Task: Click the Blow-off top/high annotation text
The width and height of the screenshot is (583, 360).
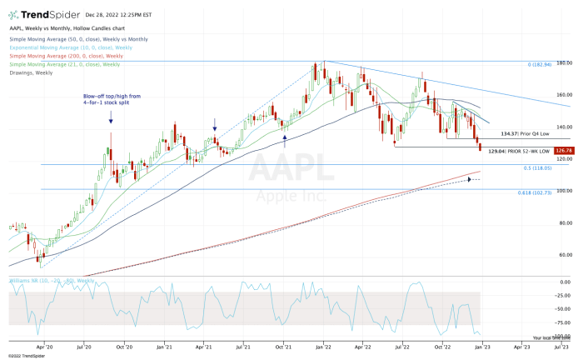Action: pos(111,99)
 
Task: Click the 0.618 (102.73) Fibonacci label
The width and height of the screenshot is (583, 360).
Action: pos(538,192)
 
